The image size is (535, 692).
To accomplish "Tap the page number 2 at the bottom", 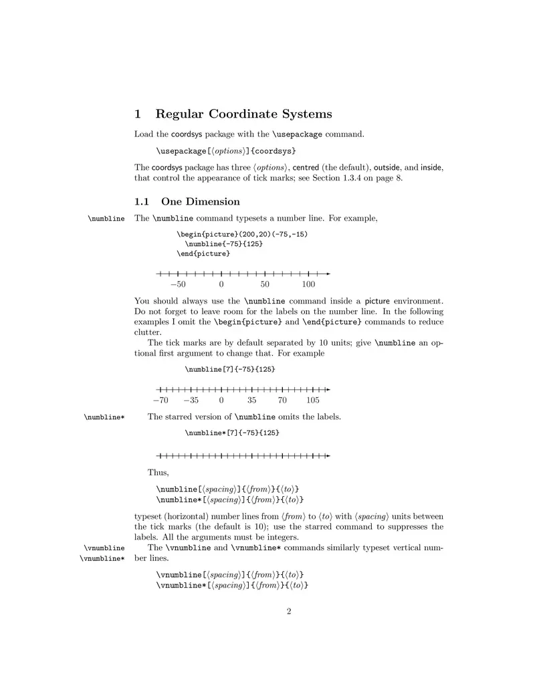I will click(x=289, y=610).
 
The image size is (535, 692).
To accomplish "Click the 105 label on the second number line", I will click(x=312, y=400).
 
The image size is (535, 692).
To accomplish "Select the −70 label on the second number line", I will click(x=160, y=400).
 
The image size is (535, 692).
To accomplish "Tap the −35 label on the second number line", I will click(x=191, y=400).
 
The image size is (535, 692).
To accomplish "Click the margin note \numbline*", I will click(x=104, y=417).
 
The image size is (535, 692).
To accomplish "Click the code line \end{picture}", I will click(x=203, y=254).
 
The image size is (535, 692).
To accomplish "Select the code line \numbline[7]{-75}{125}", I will click(x=229, y=369).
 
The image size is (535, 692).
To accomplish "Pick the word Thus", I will click(x=158, y=473).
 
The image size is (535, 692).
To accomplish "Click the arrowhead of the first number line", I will click(x=328, y=273).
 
